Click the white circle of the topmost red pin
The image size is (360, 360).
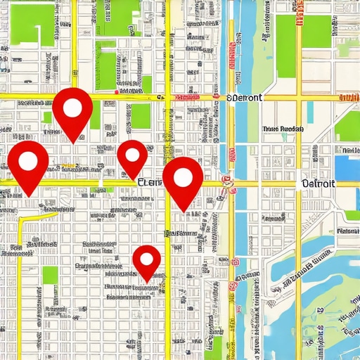72,108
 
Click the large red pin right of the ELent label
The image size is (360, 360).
182,177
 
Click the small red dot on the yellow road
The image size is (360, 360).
117,91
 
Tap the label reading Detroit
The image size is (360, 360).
318,184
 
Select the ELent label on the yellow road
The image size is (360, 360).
149,182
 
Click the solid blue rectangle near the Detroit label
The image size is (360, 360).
347,167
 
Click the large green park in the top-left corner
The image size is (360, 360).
32,25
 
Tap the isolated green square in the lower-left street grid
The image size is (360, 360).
49,275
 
